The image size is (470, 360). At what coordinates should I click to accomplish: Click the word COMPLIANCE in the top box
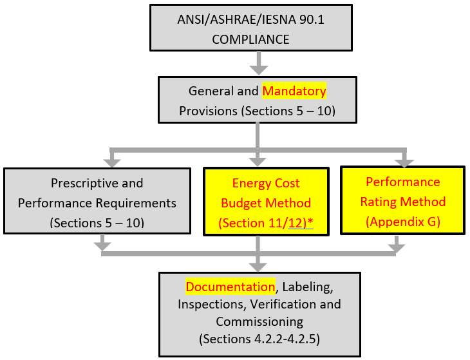click(251, 39)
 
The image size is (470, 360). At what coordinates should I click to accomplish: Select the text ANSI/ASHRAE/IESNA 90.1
click(251, 19)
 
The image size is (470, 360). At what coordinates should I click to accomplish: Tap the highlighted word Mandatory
click(294, 91)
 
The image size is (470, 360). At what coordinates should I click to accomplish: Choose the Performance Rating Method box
click(402, 202)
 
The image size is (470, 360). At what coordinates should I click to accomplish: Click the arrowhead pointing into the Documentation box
click(258, 265)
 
